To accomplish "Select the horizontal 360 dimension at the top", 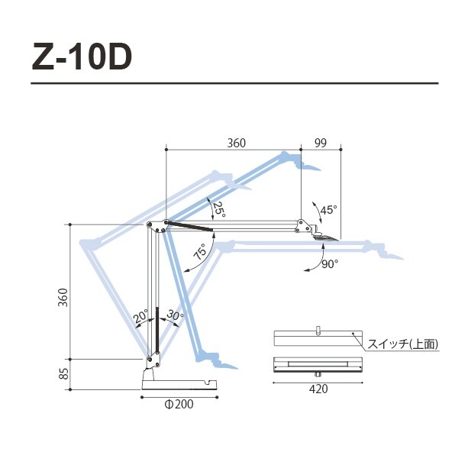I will click(237, 143).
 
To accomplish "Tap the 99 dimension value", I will click(321, 143).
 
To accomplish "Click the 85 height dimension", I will click(64, 374).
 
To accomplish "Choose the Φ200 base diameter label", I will click(178, 405).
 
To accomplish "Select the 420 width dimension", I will click(318, 389).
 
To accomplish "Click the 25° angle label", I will click(220, 210).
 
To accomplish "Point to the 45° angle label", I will click(328, 209).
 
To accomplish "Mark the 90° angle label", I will click(329, 263).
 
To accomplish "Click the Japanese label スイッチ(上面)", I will click(403, 344).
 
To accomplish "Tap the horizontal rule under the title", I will click(234, 83).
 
